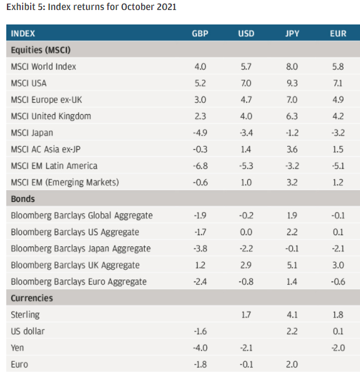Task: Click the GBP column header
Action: pyautogui.click(x=200, y=33)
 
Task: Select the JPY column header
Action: pyautogui.click(x=292, y=33)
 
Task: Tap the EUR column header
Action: pyautogui.click(x=338, y=33)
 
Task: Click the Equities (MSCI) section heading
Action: pyautogui.click(x=41, y=50)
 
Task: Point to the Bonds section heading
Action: pyautogui.click(x=23, y=199)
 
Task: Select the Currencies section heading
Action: pyautogui.click(x=32, y=298)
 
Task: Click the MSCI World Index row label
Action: pyautogui.click(x=43, y=66)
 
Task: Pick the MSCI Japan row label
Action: pyautogui.click(x=32, y=133)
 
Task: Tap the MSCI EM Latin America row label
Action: pyautogui.click(x=54, y=166)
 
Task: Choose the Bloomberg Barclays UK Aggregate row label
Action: pyautogui.click(x=75, y=265)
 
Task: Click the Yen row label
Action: pyautogui.click(x=17, y=348)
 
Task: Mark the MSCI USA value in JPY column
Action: pyautogui.click(x=292, y=83)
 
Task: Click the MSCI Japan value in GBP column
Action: pyautogui.click(x=200, y=133)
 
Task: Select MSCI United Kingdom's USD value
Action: pyautogui.click(x=246, y=116)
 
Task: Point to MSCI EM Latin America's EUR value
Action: pyautogui.click(x=338, y=166)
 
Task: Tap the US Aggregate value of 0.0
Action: pyautogui.click(x=246, y=232)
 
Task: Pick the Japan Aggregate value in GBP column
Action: pyautogui.click(x=200, y=248)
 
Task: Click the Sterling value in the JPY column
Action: pyautogui.click(x=292, y=315)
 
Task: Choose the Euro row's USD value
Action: pyautogui.click(x=246, y=364)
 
